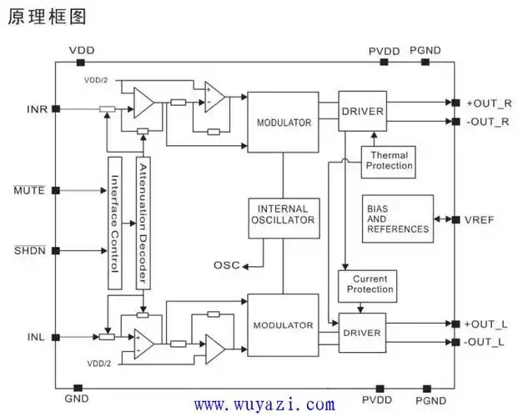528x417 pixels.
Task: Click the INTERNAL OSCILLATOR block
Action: (284, 214)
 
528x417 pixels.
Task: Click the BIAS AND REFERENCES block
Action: (397, 219)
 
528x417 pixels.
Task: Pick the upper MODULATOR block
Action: (283, 123)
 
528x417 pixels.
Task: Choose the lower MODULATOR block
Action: (283, 324)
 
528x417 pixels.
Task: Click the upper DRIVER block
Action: (361, 112)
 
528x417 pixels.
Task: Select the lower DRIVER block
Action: (361, 332)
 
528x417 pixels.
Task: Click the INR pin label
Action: (37, 109)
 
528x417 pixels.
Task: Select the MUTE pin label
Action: (28, 191)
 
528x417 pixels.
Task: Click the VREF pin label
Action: (481, 220)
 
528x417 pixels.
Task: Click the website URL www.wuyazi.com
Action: (264, 404)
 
